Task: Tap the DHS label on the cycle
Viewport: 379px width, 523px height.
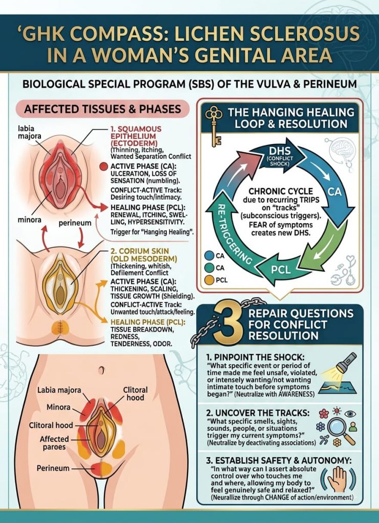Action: click(x=280, y=151)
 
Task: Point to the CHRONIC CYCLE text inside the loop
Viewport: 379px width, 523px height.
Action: click(x=281, y=192)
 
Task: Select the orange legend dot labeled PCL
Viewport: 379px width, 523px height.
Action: click(x=209, y=280)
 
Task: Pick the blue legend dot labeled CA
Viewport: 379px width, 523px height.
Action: click(x=209, y=256)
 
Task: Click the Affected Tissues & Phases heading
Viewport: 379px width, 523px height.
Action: click(x=102, y=109)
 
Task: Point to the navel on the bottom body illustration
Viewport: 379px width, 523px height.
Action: click(x=101, y=370)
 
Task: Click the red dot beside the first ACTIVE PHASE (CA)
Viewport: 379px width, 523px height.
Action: click(x=104, y=167)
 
